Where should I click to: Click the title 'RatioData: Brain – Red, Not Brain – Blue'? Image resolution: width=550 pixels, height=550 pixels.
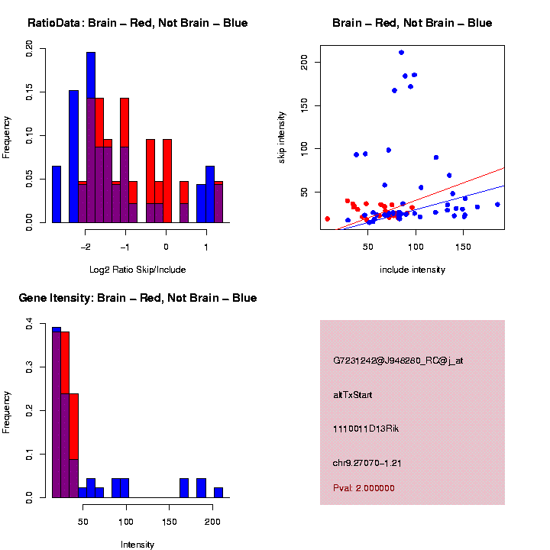[x=137, y=23]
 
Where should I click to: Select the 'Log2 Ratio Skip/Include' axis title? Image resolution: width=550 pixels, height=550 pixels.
[x=137, y=270]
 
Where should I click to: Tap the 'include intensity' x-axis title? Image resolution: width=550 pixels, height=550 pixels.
[x=412, y=270]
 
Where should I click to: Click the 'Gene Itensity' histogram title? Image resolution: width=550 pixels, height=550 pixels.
[x=137, y=298]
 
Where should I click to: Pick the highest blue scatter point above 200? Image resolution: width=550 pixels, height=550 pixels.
[x=401, y=53]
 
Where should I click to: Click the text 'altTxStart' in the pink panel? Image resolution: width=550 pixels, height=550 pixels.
[x=352, y=395]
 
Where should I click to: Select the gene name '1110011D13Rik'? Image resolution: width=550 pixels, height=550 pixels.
[x=366, y=429]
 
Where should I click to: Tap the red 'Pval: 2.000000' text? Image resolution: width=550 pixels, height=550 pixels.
[x=364, y=488]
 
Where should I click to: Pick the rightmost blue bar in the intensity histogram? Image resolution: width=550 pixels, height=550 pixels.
[x=218, y=492]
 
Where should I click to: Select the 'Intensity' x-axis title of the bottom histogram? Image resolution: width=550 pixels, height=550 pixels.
[x=137, y=545]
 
